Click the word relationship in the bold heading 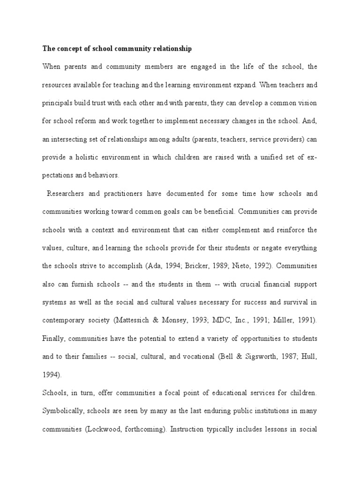click(169, 48)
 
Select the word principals click(58, 103)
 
